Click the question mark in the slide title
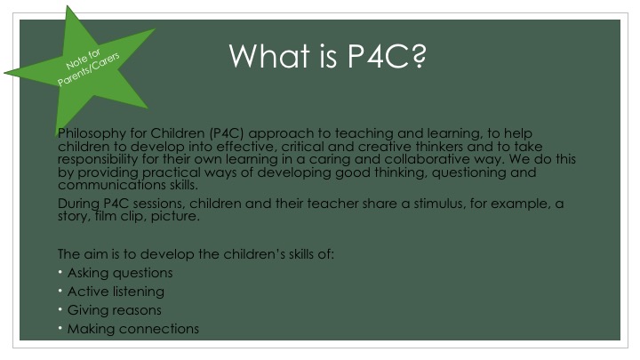[x=417, y=55]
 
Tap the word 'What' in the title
[x=269, y=55]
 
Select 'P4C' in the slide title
[x=378, y=55]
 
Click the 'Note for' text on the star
[x=83, y=60]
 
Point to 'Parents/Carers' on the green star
[x=89, y=69]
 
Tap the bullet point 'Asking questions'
[x=120, y=273]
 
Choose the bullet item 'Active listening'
[x=116, y=292]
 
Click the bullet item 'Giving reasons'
[x=115, y=310]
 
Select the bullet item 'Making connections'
[x=133, y=329]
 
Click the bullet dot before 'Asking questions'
[x=60, y=272]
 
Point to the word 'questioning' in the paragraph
[x=469, y=172]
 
